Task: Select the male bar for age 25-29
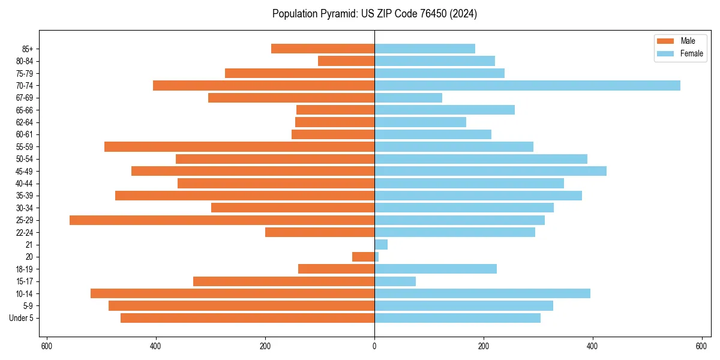pyautogui.click(x=222, y=220)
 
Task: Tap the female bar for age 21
pyautogui.click(x=381, y=245)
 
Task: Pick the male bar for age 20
pyautogui.click(x=363, y=257)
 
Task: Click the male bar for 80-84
pyautogui.click(x=346, y=61)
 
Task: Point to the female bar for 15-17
pyautogui.click(x=395, y=281)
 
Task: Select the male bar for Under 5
pyautogui.click(x=247, y=318)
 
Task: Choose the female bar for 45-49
pyautogui.click(x=490, y=171)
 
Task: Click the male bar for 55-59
pyautogui.click(x=239, y=146)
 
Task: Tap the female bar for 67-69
pyautogui.click(x=408, y=98)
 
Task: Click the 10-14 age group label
pyautogui.click(x=24, y=293)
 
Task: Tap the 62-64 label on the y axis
pyautogui.click(x=24, y=122)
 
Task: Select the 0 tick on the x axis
pyautogui.click(x=374, y=346)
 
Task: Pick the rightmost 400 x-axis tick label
pyautogui.click(x=592, y=346)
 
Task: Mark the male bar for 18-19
pyautogui.click(x=336, y=269)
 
